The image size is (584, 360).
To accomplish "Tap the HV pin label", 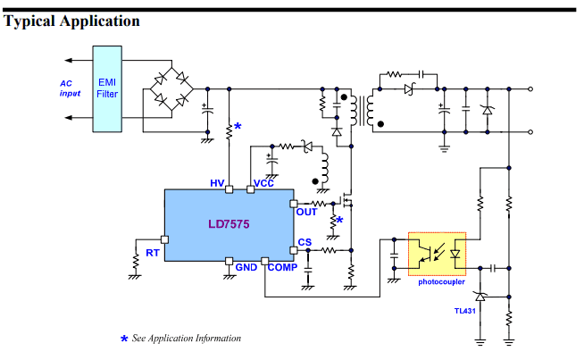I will click(x=217, y=183).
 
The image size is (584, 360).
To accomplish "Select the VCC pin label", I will click(x=264, y=183).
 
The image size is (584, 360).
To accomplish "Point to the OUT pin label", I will click(x=307, y=213).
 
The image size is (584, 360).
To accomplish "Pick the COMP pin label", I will click(x=282, y=268).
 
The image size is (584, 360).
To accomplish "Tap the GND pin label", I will click(x=246, y=268).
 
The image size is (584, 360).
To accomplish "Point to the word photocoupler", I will click(x=441, y=282).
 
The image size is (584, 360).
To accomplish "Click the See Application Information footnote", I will click(x=186, y=339).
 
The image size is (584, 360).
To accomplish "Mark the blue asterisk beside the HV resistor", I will click(x=238, y=128).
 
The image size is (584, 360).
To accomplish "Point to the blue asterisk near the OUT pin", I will click(x=339, y=220).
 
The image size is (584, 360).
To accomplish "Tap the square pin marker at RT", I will click(x=164, y=239).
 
